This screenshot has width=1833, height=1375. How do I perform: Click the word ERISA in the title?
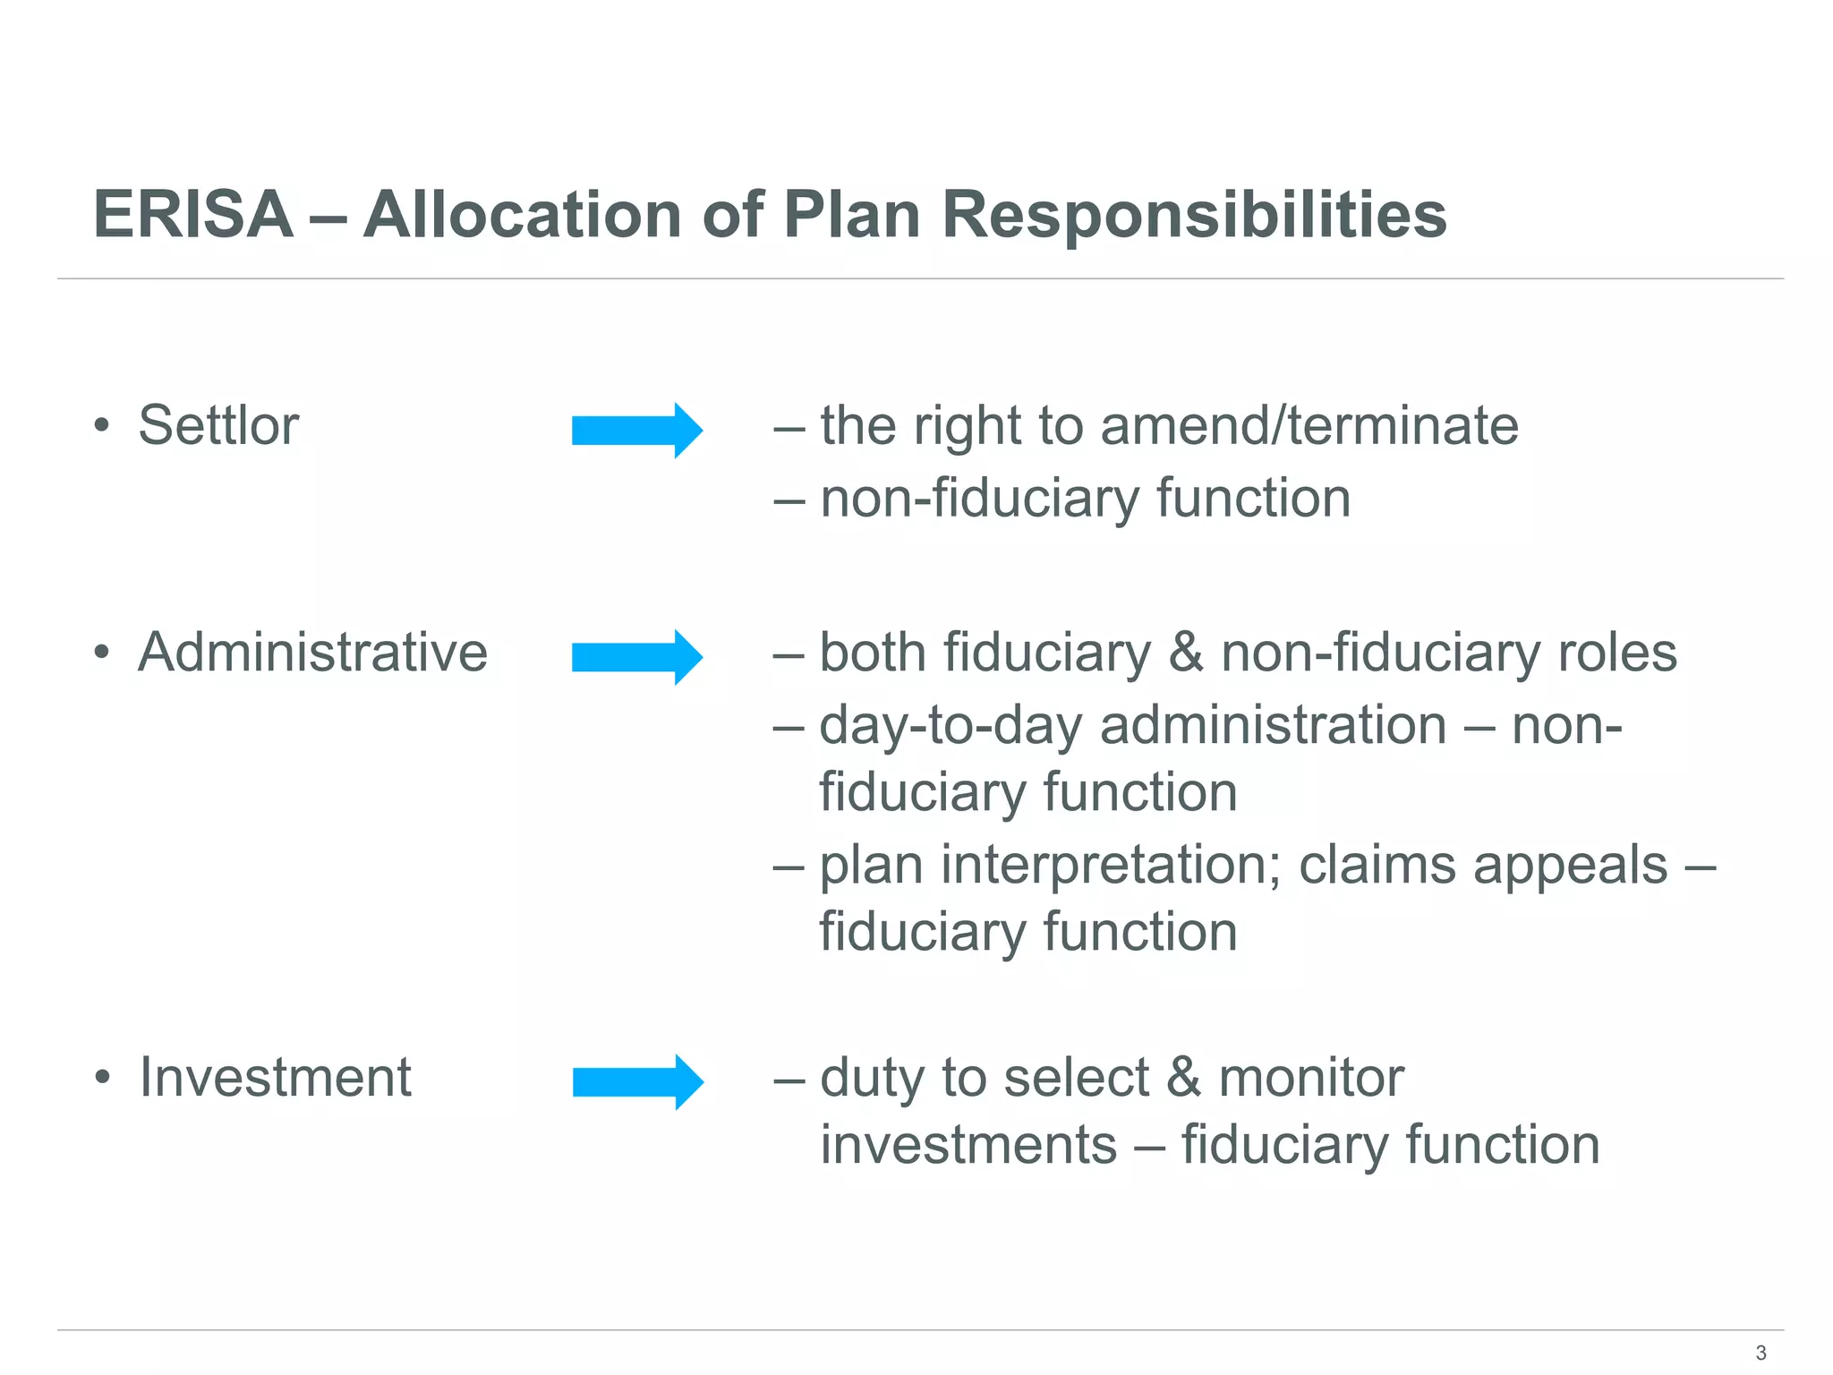[193, 215]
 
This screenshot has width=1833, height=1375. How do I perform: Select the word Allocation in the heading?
[522, 215]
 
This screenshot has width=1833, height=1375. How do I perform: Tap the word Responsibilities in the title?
[1194, 215]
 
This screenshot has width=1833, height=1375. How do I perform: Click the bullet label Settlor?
[218, 425]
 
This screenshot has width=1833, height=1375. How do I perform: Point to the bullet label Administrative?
[312, 652]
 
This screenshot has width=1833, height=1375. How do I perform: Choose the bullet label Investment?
[275, 1077]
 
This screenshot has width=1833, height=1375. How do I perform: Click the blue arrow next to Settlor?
[637, 431]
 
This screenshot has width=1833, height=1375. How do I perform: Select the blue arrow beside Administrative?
[637, 658]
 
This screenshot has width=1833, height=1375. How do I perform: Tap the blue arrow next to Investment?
[637, 1082]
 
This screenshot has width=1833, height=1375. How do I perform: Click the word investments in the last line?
[968, 1144]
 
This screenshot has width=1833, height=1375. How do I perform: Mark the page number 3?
[1761, 1353]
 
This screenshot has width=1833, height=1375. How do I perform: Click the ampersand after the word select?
[1183, 1077]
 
